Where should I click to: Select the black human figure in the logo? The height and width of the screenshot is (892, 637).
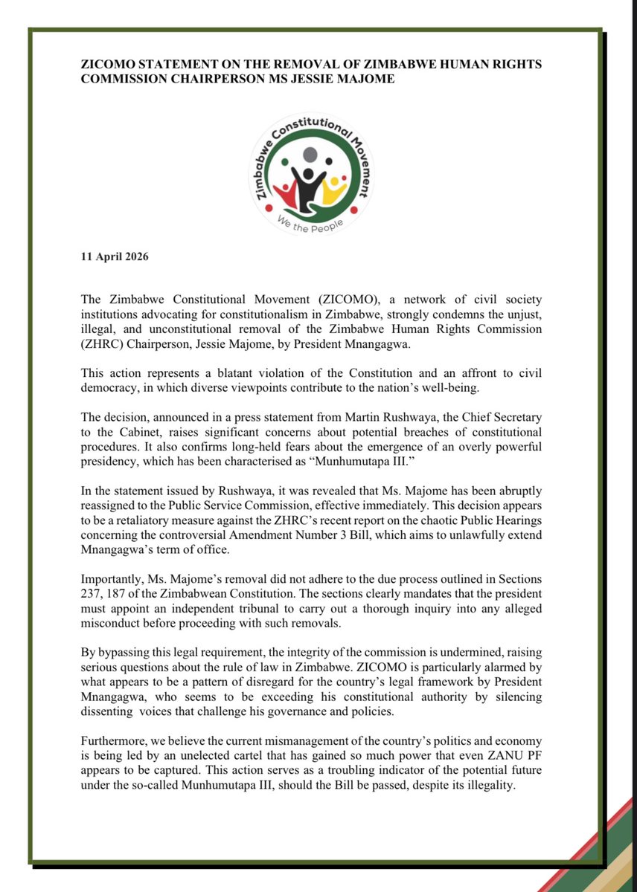[307, 185]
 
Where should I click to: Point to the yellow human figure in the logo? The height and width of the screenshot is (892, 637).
[336, 191]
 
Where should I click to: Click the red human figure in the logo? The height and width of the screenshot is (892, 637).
[284, 195]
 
